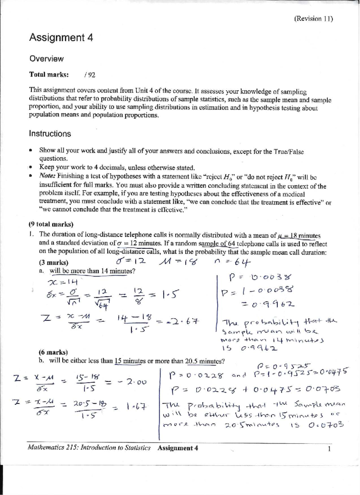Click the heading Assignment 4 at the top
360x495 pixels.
coord(61,37)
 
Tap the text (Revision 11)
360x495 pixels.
coord(313,19)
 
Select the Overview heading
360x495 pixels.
coord(46,59)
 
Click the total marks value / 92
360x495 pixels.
coord(90,75)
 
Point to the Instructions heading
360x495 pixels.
coord(50,134)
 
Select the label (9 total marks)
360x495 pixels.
coord(51,224)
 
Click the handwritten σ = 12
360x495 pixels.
coord(131,261)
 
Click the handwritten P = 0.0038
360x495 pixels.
coord(260,278)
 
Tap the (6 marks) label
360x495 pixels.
coord(53,352)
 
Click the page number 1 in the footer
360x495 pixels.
coord(329,449)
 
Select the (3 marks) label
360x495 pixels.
coord(53,263)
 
